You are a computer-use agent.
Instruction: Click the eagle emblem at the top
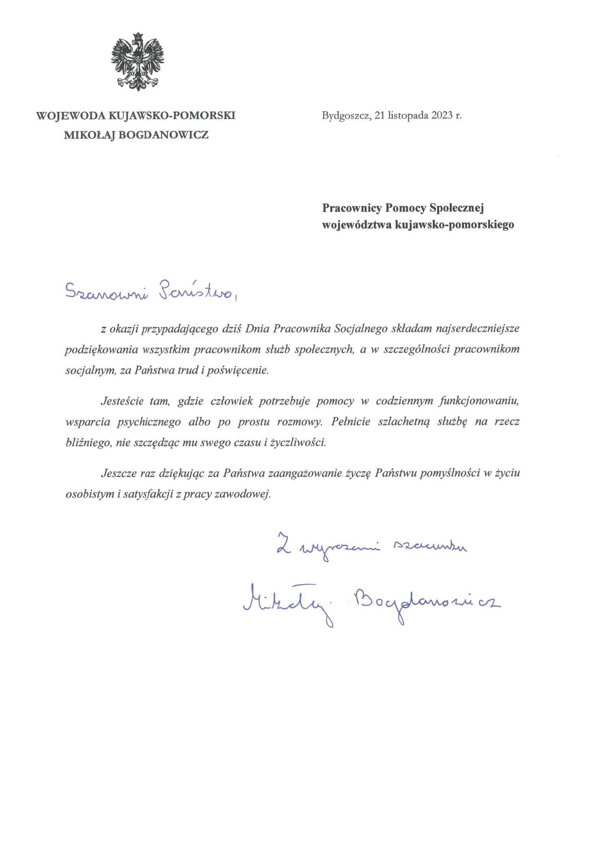pyautogui.click(x=138, y=61)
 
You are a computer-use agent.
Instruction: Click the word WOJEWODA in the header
pyautogui.click(x=71, y=116)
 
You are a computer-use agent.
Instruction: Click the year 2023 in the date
pyautogui.click(x=441, y=116)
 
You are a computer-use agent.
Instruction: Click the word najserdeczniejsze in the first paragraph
pyautogui.click(x=477, y=328)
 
